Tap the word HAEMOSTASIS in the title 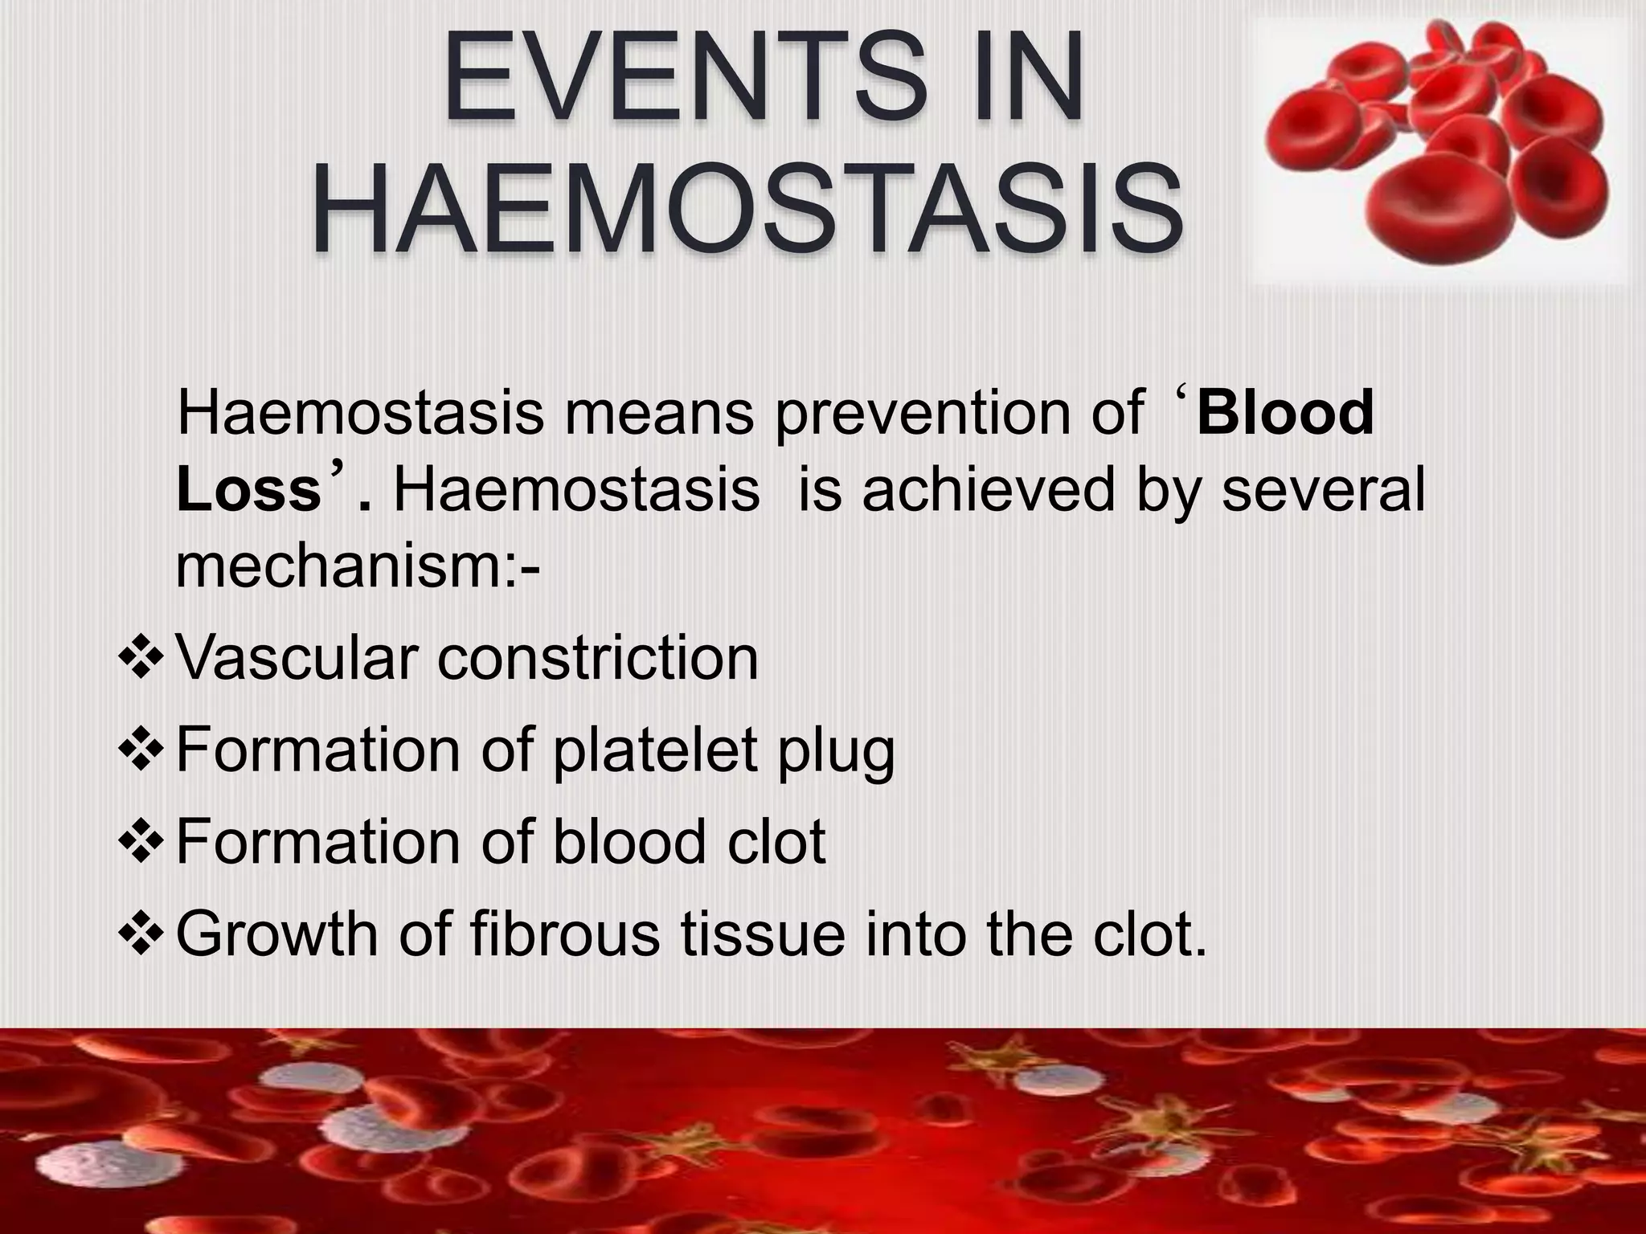[x=747, y=210]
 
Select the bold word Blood [x=1284, y=414]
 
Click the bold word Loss [x=249, y=491]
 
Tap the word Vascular [x=297, y=658]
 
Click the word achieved [x=989, y=491]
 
